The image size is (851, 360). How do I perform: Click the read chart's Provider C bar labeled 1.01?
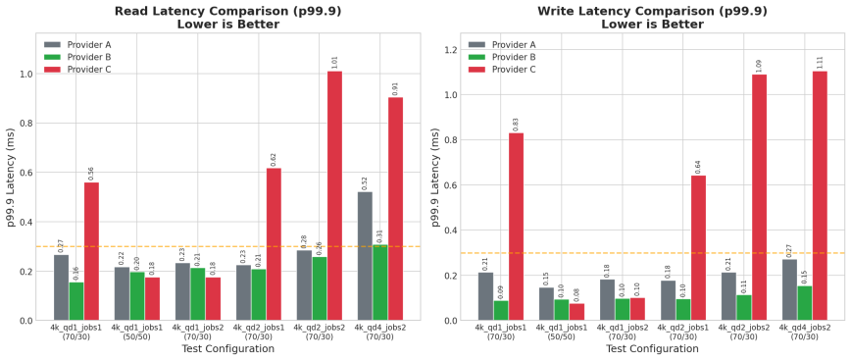tap(334, 196)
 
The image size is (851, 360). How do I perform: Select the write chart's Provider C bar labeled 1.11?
tap(820, 196)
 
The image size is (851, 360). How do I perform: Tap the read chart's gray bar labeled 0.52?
tap(365, 256)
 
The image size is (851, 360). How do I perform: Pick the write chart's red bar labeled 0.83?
tap(516, 227)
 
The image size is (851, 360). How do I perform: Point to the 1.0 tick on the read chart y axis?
tap(25, 74)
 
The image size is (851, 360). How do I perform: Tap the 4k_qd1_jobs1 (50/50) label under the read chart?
tap(136, 332)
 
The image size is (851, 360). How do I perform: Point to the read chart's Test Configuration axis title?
tap(227, 348)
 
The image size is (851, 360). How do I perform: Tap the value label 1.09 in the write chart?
tap(759, 66)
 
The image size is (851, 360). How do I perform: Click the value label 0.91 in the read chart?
tap(396, 87)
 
